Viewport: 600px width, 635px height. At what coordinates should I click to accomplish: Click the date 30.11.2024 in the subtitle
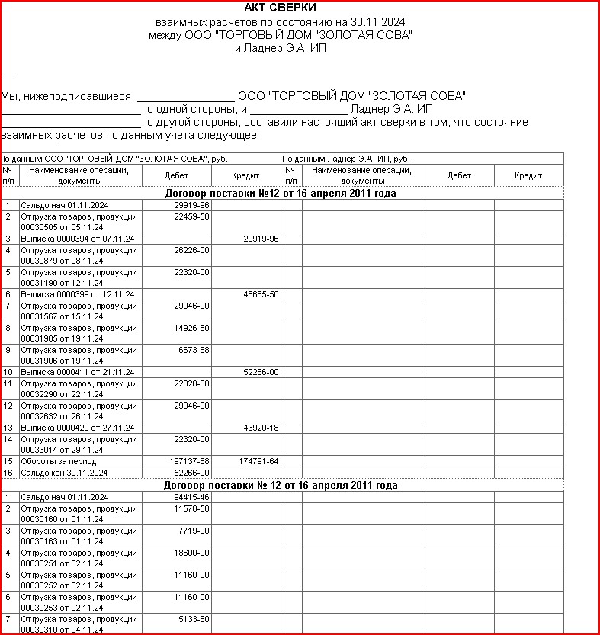[376, 22]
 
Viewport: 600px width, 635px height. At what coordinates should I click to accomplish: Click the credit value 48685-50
[261, 294]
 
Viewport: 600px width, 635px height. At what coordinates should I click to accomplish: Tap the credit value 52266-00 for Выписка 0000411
[261, 372]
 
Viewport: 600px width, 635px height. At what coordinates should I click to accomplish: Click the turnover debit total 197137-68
[189, 461]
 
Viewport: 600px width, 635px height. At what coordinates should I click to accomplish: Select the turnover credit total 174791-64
[259, 461]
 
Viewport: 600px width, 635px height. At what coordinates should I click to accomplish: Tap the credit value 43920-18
[261, 428]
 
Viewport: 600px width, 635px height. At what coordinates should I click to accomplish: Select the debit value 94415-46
[191, 497]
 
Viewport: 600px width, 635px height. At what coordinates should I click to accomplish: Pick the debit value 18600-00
[191, 552]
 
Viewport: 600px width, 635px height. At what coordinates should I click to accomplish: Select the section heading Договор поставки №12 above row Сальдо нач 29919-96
[281, 194]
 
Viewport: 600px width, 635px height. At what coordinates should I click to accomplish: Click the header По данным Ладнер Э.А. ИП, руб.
[347, 158]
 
